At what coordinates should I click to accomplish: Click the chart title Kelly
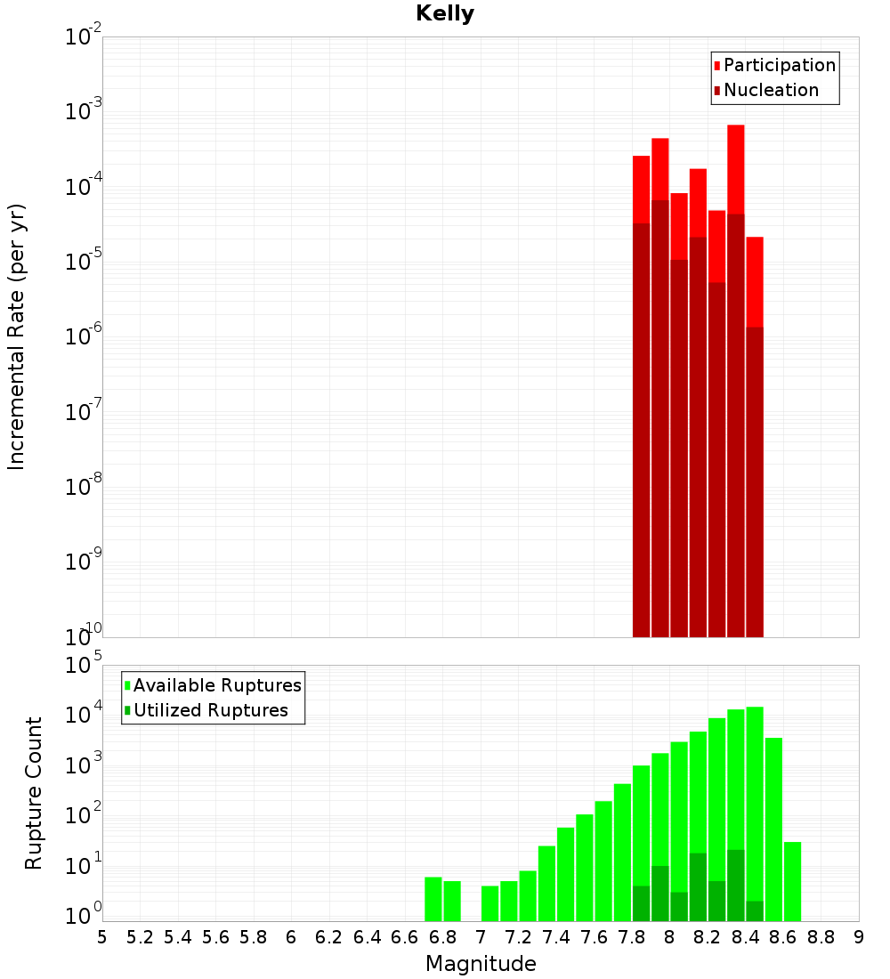pyautogui.click(x=445, y=14)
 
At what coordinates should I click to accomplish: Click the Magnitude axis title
pyautogui.click(x=481, y=964)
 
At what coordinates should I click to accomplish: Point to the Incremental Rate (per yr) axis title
pyautogui.click(x=17, y=337)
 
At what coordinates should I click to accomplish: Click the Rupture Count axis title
pyautogui.click(x=34, y=793)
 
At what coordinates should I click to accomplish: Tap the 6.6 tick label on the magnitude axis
pyautogui.click(x=405, y=937)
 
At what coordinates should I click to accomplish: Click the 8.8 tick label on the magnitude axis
pyautogui.click(x=821, y=937)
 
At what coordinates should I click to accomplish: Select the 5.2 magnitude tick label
pyautogui.click(x=141, y=937)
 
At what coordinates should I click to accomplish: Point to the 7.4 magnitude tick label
pyautogui.click(x=556, y=937)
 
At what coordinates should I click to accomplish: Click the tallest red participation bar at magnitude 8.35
pyautogui.click(x=736, y=169)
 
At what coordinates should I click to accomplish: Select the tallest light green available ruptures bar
pyautogui.click(x=755, y=801)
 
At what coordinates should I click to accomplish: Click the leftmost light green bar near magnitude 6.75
pyautogui.click(x=433, y=899)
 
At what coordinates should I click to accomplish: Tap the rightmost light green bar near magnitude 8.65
pyautogui.click(x=792, y=881)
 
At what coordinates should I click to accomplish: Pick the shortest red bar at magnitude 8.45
pyautogui.click(x=755, y=280)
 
